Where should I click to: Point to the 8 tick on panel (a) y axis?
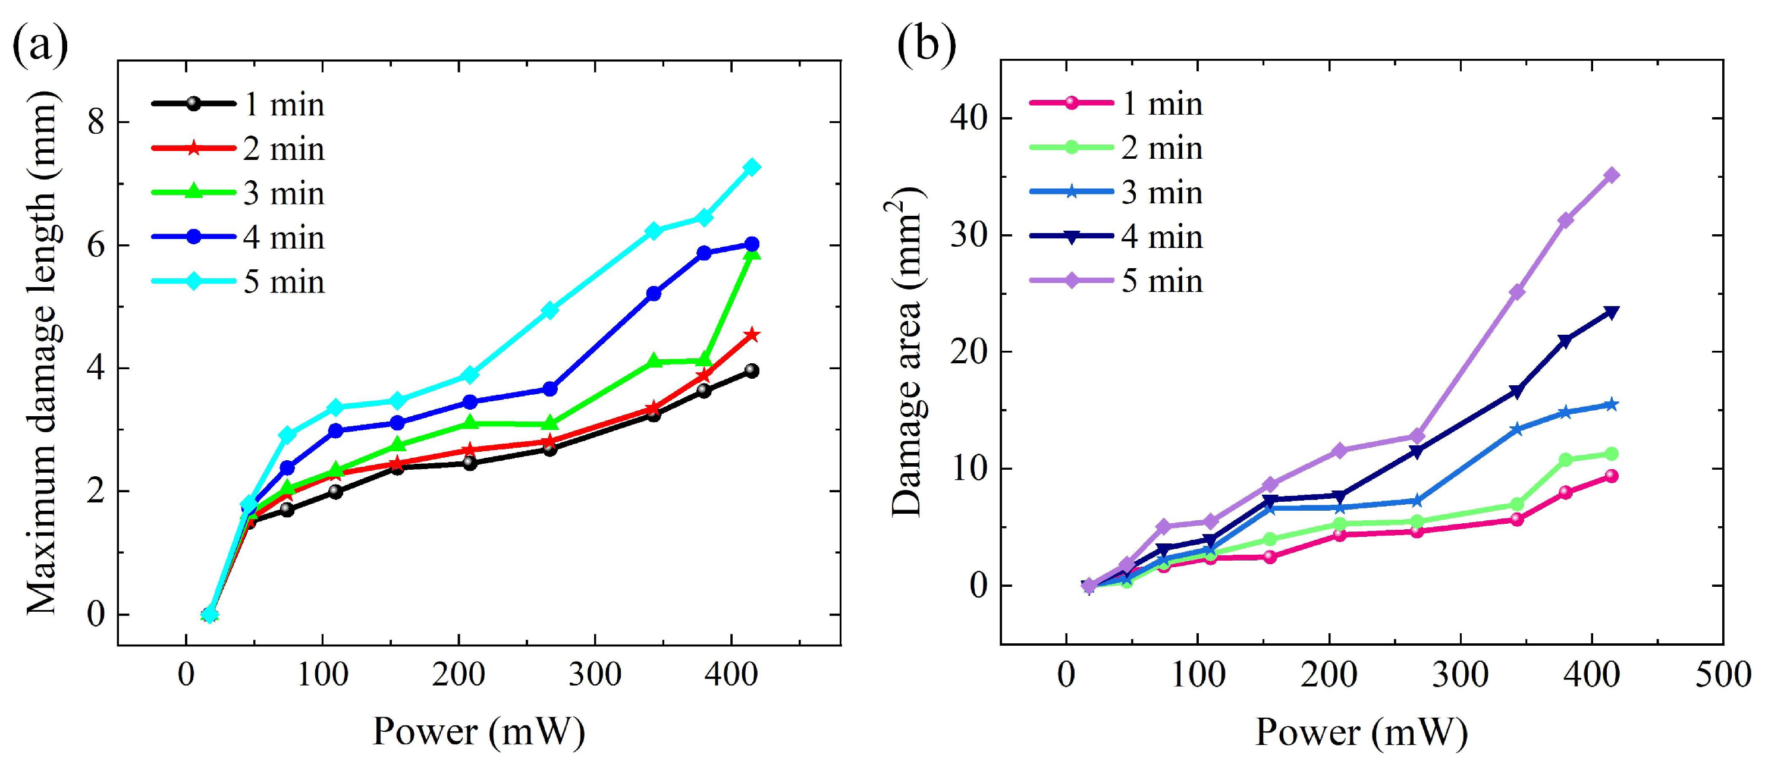pos(96,122)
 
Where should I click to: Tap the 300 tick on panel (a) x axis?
pos(595,675)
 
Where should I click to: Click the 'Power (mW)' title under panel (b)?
pos(1361,732)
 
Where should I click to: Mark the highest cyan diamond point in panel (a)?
pos(752,167)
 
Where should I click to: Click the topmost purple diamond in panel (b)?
pos(1612,175)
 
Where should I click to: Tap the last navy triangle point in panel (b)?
pos(1612,313)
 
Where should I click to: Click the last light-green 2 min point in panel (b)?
pos(1612,454)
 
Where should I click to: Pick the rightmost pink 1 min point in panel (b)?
pos(1612,476)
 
